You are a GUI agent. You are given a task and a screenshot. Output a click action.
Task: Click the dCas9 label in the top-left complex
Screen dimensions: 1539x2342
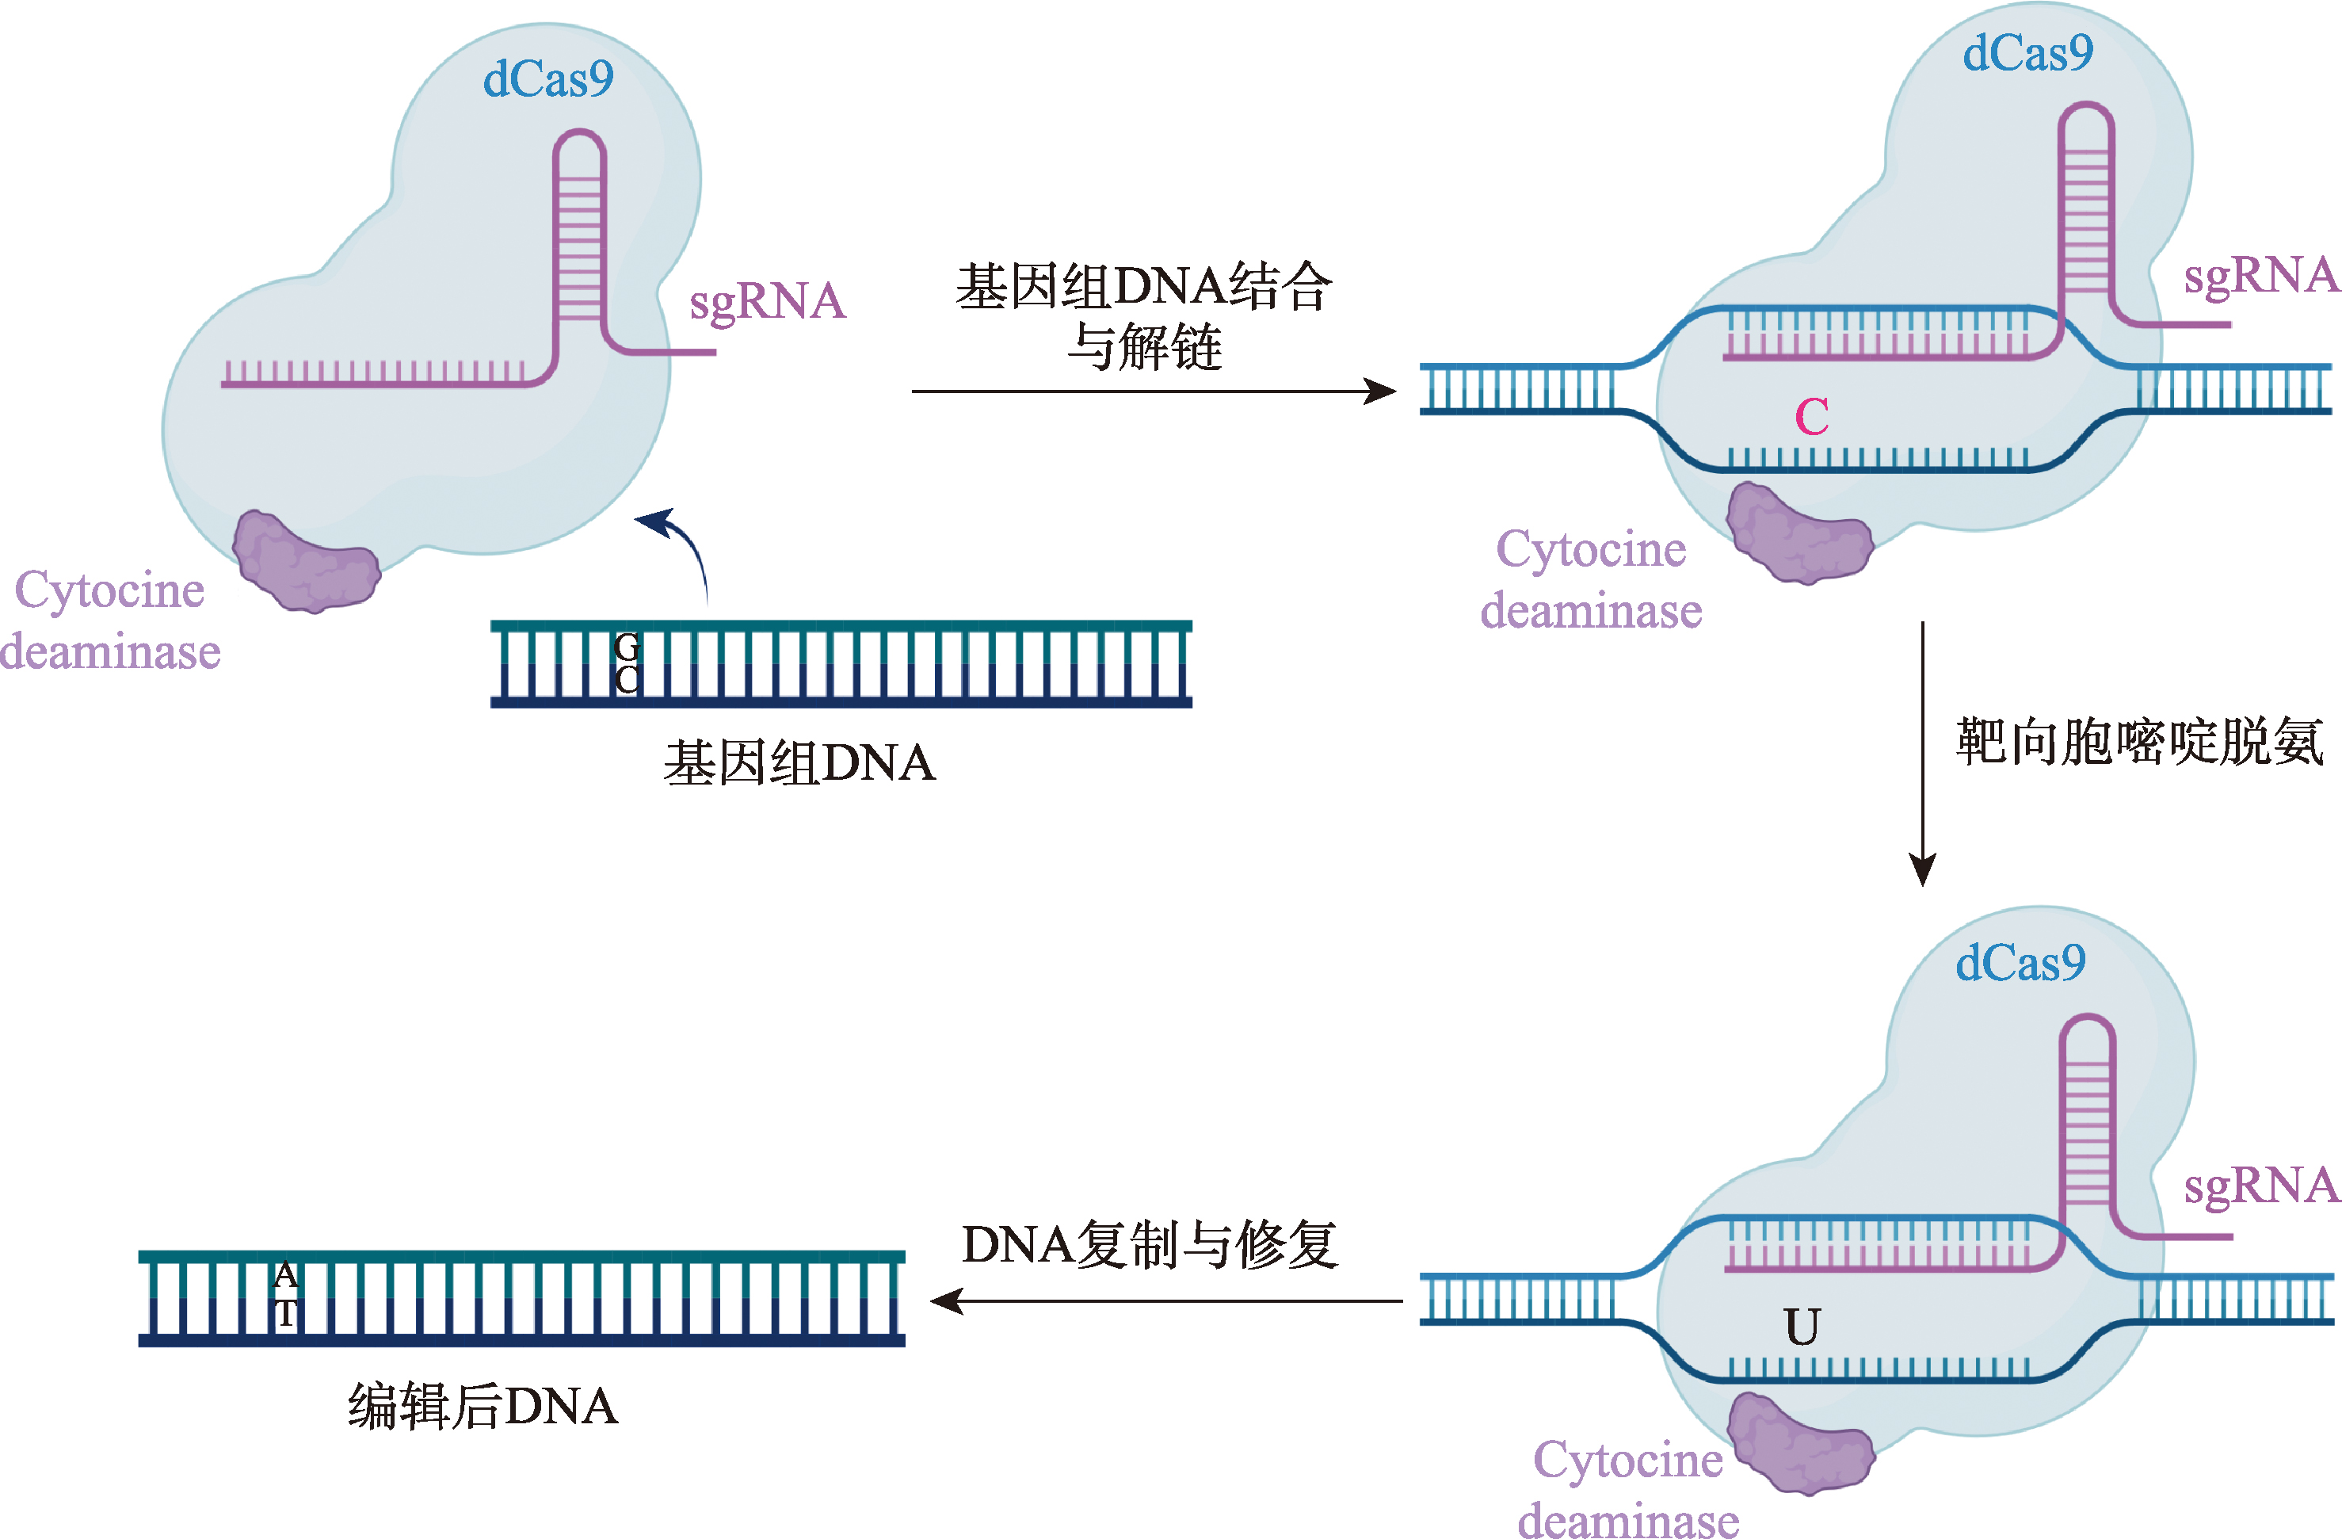click(547, 78)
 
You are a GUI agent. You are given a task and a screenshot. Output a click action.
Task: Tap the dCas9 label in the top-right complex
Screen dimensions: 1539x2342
click(2027, 53)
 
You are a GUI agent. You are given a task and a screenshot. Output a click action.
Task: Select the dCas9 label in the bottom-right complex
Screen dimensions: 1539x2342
click(2020, 962)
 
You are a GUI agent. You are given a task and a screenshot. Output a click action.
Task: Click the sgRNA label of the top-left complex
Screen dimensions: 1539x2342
click(768, 301)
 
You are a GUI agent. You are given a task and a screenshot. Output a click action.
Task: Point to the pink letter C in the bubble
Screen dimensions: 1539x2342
click(1812, 416)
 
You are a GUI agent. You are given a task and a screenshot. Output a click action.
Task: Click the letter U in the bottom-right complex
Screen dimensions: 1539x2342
click(1802, 1327)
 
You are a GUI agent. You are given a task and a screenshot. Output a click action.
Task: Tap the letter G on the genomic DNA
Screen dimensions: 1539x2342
click(627, 647)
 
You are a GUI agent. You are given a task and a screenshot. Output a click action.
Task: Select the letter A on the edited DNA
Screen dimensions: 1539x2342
click(285, 1275)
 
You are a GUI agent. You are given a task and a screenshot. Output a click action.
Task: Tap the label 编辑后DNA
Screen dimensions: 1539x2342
click(483, 1406)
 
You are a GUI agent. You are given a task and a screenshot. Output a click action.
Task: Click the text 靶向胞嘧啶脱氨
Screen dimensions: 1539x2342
click(2139, 741)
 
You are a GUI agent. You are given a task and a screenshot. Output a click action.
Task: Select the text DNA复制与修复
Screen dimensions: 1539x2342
click(1150, 1245)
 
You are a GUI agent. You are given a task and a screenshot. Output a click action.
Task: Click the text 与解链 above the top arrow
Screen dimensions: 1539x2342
click(1144, 346)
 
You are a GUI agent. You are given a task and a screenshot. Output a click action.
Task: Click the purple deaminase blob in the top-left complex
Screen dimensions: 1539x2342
click(306, 562)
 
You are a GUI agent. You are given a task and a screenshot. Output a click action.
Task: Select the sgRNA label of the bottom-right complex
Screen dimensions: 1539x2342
click(2260, 1186)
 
